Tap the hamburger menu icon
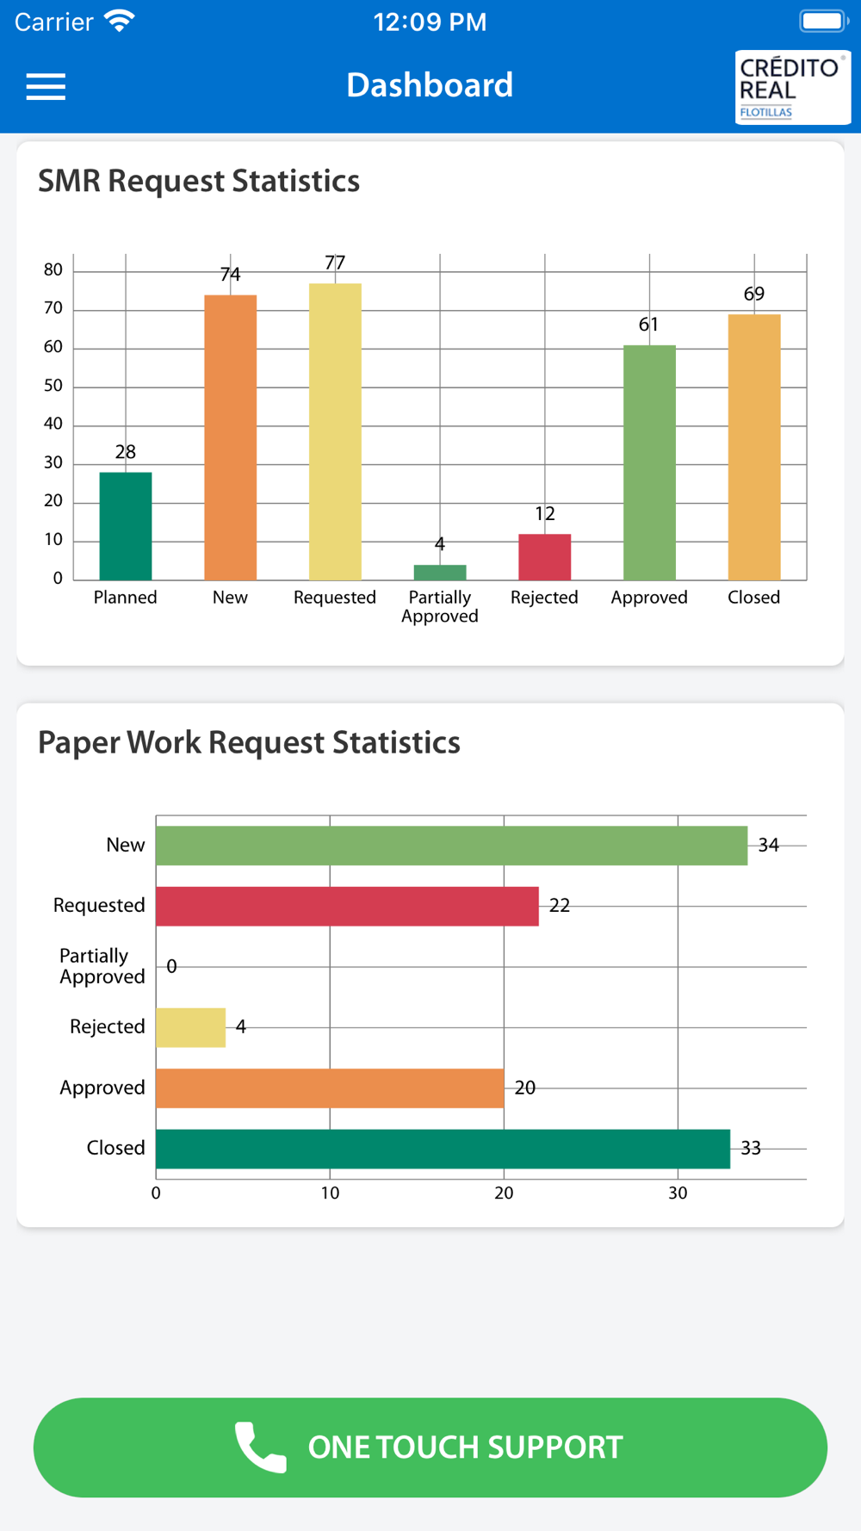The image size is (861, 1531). (x=46, y=87)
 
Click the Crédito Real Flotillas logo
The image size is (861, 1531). (x=792, y=88)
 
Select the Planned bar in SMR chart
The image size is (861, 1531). (x=126, y=526)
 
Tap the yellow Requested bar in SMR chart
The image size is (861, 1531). (x=335, y=431)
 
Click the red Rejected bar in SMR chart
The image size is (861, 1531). (x=544, y=557)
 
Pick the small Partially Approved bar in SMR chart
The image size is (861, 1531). (x=440, y=573)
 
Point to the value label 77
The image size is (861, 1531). (x=335, y=263)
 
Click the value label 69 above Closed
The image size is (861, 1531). (x=754, y=294)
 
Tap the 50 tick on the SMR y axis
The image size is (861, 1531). (x=53, y=386)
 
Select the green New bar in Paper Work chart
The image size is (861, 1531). (x=451, y=846)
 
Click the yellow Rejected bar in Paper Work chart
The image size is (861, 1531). (x=190, y=1027)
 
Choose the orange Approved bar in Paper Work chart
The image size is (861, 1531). (x=330, y=1088)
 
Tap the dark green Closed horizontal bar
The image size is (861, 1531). (x=443, y=1149)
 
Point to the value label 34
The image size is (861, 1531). (x=769, y=846)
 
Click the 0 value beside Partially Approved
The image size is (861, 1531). (x=171, y=967)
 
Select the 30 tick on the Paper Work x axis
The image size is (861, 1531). (x=678, y=1193)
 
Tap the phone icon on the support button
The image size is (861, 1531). (x=260, y=1447)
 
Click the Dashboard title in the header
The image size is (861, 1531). (x=430, y=85)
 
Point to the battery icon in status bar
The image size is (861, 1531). (x=822, y=22)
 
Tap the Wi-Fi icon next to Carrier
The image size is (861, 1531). (x=120, y=21)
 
